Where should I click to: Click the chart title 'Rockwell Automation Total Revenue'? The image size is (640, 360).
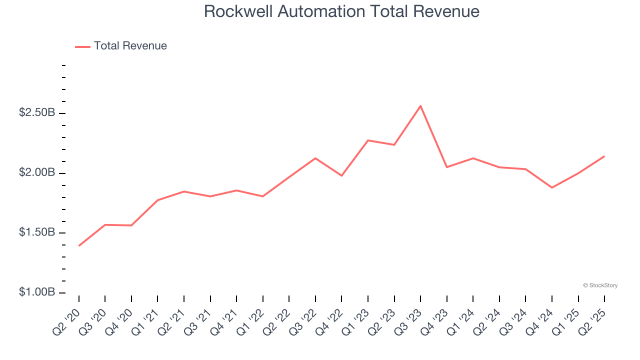point(341,11)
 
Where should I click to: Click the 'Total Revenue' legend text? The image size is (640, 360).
point(130,46)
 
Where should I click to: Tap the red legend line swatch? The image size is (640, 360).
point(82,46)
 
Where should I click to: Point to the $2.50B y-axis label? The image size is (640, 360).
point(37,113)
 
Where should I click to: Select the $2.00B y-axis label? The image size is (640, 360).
point(37,173)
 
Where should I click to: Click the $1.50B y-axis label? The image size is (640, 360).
point(37,232)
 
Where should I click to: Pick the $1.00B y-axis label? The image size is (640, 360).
point(37,292)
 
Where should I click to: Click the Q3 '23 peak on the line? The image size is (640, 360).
point(420,106)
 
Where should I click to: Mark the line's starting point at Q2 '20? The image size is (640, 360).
point(79,245)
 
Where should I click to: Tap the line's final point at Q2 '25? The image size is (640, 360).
point(604,156)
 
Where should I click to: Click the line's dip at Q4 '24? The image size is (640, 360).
point(552,187)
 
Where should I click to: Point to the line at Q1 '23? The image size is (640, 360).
point(368,140)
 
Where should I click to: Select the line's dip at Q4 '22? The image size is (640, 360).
point(341,175)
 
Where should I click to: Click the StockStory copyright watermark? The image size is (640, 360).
point(600,285)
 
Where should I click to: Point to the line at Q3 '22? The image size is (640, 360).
point(315,158)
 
